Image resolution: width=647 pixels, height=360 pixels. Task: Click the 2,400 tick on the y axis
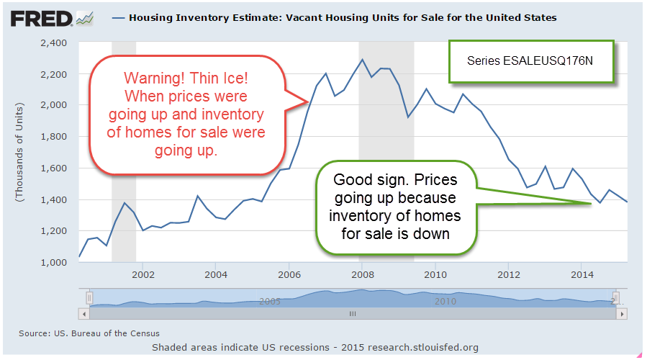(54, 42)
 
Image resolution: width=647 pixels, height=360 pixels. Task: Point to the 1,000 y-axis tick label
(54, 262)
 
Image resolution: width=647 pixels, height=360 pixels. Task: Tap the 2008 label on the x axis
(362, 274)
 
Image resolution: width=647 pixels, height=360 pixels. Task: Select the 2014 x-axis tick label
(582, 274)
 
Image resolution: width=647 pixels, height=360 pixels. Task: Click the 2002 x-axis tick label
(143, 274)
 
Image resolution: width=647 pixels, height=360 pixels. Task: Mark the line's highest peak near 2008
(362, 59)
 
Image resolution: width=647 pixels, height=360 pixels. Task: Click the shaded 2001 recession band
(124, 151)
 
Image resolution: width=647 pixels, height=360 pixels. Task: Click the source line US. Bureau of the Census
(89, 333)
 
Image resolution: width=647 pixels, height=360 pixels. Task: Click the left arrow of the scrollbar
(84, 315)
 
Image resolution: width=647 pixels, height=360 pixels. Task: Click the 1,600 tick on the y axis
(54, 168)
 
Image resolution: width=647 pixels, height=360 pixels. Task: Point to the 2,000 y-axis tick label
(54, 105)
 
